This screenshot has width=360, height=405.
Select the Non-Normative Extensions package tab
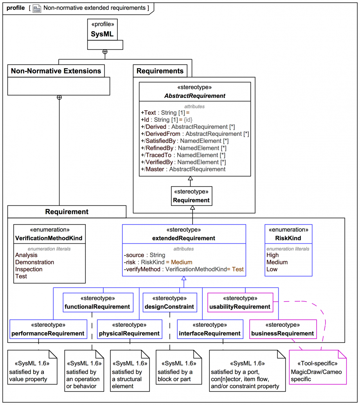(x=56, y=71)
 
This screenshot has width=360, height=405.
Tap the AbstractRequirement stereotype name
(x=195, y=96)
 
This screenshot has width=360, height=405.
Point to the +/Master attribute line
(x=183, y=169)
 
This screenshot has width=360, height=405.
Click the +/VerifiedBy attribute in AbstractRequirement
(x=184, y=162)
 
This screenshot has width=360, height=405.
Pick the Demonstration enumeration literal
(x=34, y=262)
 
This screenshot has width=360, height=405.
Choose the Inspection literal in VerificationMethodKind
(x=29, y=269)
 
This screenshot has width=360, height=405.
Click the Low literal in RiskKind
(x=272, y=269)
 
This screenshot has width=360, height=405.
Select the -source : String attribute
(x=144, y=255)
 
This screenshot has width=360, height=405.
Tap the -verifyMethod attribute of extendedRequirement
(x=184, y=269)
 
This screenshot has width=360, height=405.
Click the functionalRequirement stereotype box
(x=98, y=302)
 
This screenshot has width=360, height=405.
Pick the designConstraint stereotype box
(x=170, y=302)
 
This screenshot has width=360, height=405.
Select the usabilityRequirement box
(x=240, y=302)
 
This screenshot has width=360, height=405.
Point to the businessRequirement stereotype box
(x=283, y=329)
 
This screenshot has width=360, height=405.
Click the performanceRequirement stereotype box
(x=48, y=329)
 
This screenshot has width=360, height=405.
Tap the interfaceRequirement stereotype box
(x=210, y=329)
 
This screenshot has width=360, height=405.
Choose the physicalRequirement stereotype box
(x=130, y=329)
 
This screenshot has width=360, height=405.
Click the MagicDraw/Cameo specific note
(x=318, y=367)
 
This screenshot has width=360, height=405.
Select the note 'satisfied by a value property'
(x=32, y=367)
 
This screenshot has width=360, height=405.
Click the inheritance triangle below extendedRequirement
(x=184, y=278)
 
